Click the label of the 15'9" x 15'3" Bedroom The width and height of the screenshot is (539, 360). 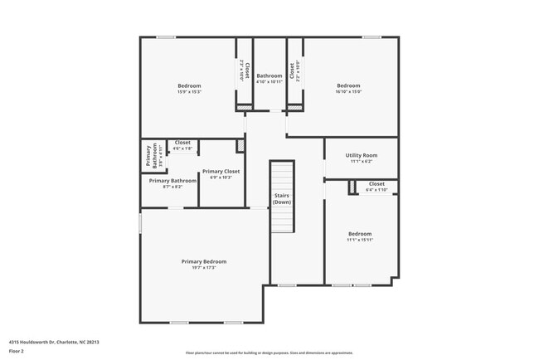tap(189, 85)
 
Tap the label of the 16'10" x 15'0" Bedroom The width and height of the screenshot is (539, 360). tap(348, 85)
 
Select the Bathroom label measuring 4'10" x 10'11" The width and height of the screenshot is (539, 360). tap(269, 75)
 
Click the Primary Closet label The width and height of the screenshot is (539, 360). tap(221, 171)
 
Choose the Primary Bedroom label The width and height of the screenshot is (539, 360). tap(204, 261)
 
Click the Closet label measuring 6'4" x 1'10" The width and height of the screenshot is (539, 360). tap(376, 183)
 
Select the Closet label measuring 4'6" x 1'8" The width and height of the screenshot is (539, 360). tap(182, 143)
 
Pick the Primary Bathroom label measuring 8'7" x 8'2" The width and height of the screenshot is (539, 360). tap(172, 180)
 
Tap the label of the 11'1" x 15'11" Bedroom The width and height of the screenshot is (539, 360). tap(360, 234)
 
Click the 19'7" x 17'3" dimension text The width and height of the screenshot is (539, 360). tap(204, 267)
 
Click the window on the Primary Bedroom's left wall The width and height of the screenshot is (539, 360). tap(140, 222)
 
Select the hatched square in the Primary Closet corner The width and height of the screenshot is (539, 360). tap(240, 145)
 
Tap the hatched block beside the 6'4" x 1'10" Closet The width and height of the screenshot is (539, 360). tap(352, 188)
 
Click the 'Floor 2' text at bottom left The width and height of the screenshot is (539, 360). tap(17, 351)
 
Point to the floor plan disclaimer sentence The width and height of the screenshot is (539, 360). tap(269, 353)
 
